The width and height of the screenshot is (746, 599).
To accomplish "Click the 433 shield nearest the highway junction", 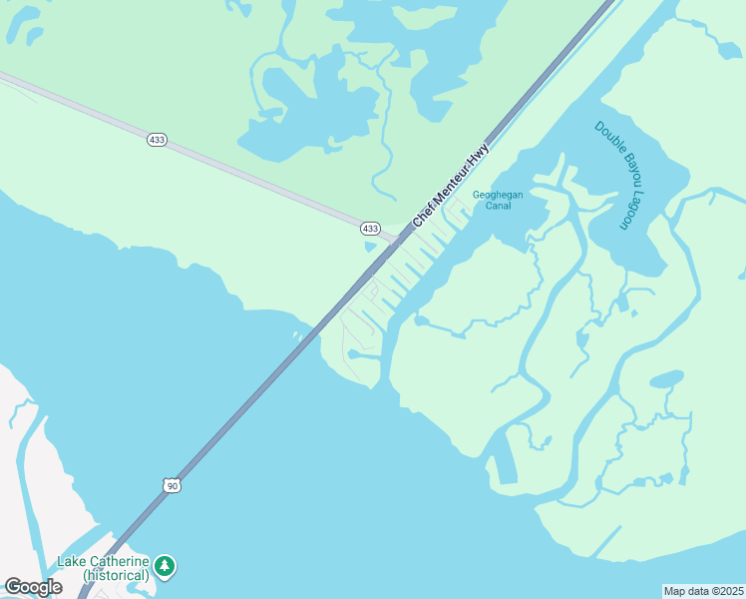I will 370,229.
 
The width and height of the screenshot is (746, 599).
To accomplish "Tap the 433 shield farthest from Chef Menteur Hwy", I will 157,140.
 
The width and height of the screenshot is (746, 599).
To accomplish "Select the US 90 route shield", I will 173,485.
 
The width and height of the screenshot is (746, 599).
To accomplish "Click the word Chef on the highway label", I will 423,213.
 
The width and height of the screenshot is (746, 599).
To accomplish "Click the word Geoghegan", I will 498,194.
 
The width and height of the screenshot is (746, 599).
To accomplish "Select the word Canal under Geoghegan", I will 498,207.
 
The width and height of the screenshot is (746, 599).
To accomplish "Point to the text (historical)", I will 116,575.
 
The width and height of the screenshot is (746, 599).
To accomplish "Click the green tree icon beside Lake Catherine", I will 165,567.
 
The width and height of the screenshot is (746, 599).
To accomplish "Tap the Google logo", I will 33,587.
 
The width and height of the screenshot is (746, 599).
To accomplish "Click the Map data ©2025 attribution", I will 703,590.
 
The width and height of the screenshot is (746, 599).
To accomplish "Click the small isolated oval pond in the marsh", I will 667,378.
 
